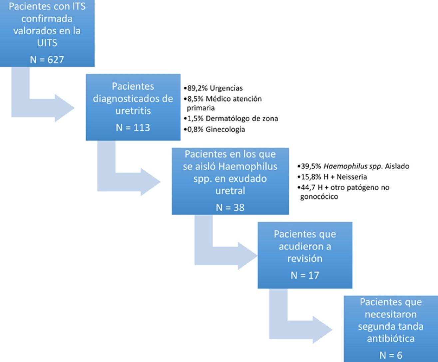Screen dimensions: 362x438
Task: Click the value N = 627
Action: tap(47, 60)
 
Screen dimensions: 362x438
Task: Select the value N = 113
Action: tap(133, 128)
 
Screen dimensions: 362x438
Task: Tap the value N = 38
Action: tap(230, 208)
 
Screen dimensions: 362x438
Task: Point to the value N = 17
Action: tap(305, 275)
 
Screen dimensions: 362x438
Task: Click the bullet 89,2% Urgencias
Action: tap(213, 88)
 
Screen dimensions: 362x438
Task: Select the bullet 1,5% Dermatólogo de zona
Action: tap(231, 118)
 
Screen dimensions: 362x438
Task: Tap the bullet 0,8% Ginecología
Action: tap(214, 129)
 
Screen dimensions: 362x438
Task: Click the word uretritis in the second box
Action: tap(133, 110)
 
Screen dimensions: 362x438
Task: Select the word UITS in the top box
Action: tap(47, 43)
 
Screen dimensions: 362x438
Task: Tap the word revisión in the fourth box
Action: tap(305, 258)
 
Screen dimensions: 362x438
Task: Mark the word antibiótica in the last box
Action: tap(391, 339)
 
